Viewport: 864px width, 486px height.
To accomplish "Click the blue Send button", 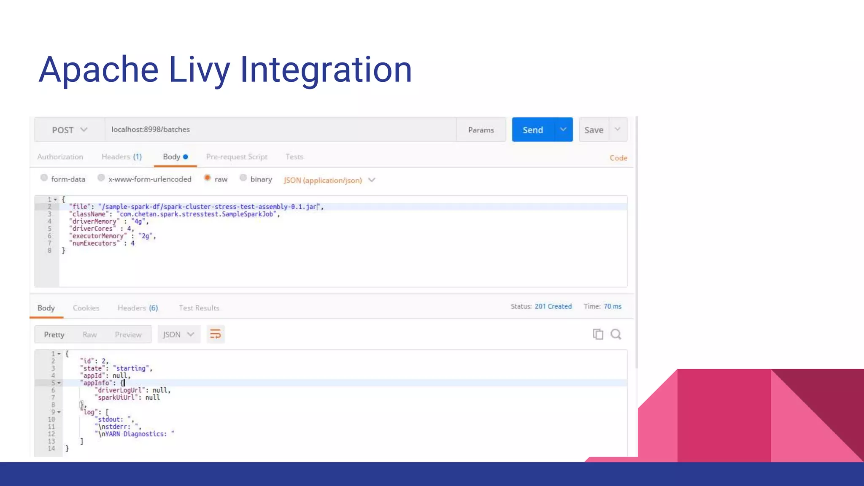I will (x=533, y=130).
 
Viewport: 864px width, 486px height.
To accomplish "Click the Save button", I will (x=594, y=130).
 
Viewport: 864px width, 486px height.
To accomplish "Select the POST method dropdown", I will (x=70, y=130).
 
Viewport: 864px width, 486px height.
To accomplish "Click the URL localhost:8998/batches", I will (x=151, y=130).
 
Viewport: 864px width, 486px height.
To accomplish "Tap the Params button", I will (x=481, y=130).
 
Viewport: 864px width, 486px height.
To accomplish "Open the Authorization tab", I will (x=60, y=157).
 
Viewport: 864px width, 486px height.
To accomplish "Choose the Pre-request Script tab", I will (x=237, y=157).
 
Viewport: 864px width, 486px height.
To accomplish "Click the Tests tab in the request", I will (x=294, y=157).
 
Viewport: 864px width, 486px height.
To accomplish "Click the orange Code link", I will (x=618, y=158).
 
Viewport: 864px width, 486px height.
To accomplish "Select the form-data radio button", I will (x=44, y=178).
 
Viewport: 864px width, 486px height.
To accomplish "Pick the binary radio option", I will (x=243, y=178).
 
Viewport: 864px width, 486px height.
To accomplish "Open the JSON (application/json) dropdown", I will (x=329, y=180).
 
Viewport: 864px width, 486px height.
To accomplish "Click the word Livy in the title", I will (x=199, y=70).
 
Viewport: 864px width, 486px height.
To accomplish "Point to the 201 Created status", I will (x=553, y=306).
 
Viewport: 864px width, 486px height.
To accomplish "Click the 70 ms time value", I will (x=613, y=306).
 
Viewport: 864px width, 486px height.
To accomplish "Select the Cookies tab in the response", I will (x=86, y=308).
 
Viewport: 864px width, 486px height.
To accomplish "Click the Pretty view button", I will (x=54, y=335).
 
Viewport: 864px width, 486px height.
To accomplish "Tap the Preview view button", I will (x=128, y=335).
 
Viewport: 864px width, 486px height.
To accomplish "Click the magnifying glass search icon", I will (x=616, y=335).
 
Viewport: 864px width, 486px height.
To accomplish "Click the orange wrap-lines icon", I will (x=215, y=335).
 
